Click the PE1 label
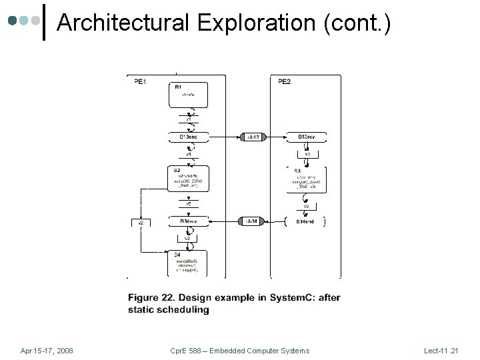[140, 82]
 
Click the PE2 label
[284, 82]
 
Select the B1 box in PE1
[189, 95]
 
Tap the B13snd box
[189, 137]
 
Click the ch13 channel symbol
[254, 137]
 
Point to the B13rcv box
[306, 137]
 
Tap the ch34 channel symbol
[252, 221]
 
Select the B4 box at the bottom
[189, 263]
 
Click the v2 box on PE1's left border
[141, 223]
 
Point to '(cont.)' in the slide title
[357, 23]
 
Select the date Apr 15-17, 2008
[47, 351]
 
